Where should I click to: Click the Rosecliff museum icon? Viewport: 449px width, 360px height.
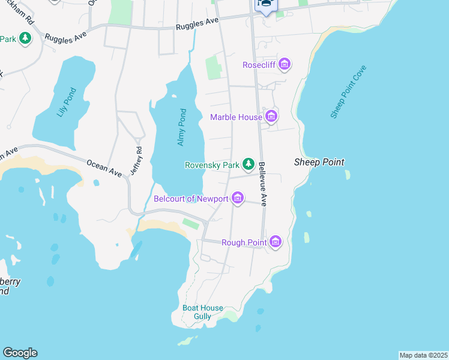click(x=285, y=64)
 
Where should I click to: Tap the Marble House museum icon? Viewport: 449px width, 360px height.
click(x=271, y=116)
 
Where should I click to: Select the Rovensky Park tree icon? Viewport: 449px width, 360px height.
click(x=248, y=164)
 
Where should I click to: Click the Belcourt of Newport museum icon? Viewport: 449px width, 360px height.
click(x=237, y=198)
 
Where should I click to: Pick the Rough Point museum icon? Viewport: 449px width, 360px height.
click(x=276, y=242)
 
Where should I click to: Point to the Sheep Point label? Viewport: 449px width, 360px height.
click(x=319, y=162)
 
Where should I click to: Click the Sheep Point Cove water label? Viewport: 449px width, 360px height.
click(x=348, y=92)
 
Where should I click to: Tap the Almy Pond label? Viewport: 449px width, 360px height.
click(x=182, y=127)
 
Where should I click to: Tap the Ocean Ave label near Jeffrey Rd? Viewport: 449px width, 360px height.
click(x=104, y=169)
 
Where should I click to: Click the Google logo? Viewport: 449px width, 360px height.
click(x=20, y=353)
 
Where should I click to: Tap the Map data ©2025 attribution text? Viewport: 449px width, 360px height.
click(x=423, y=355)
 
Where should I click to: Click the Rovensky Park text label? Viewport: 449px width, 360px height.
click(x=212, y=164)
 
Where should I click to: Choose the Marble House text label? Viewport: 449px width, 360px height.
click(x=236, y=117)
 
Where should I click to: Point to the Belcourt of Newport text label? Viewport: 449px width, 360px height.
click(x=191, y=199)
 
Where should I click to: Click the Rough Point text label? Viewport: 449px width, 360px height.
click(x=244, y=242)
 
